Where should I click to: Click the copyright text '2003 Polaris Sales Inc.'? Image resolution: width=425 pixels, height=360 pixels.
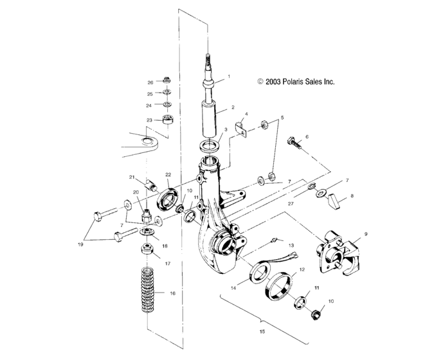coord(296,82)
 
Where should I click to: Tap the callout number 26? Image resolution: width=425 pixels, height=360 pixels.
coord(150,82)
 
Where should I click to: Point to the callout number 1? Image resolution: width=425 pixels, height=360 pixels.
coord(227,77)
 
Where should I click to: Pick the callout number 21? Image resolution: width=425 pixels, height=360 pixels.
coord(131,177)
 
